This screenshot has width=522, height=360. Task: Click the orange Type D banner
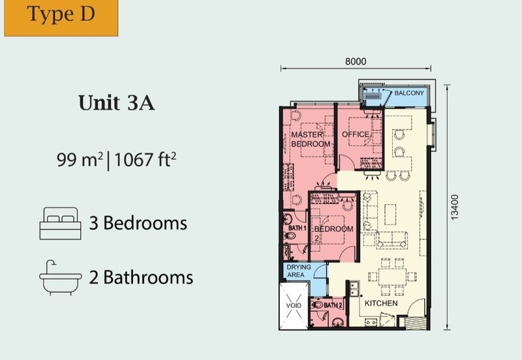click(x=61, y=17)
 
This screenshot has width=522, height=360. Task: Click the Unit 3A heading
click(x=116, y=103)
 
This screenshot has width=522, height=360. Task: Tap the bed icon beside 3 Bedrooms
click(x=59, y=224)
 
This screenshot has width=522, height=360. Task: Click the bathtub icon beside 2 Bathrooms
click(x=59, y=277)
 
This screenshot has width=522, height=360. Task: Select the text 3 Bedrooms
click(x=138, y=224)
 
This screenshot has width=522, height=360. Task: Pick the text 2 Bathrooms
click(x=141, y=277)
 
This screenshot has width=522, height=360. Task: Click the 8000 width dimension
click(x=356, y=62)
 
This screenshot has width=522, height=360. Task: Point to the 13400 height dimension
click(x=455, y=207)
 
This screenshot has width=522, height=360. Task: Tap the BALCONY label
click(x=410, y=93)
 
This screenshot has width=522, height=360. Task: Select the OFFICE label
click(x=356, y=134)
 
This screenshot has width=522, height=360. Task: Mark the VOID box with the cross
click(x=293, y=305)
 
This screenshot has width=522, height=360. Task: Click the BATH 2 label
click(x=333, y=305)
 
